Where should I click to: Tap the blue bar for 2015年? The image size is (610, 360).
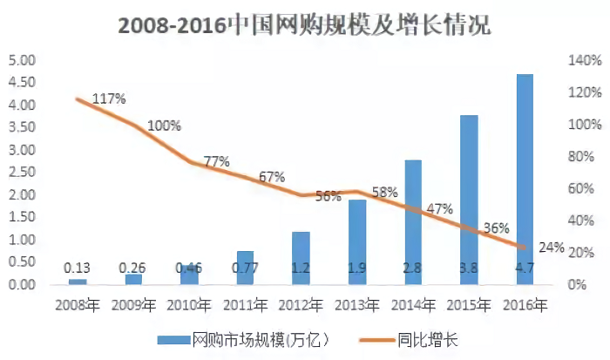coord(469,200)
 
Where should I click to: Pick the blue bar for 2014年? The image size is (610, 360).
coord(413,222)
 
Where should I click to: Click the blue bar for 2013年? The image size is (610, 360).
coord(357,242)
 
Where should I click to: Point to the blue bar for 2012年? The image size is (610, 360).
coord(301,258)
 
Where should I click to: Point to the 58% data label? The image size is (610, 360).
coord(384,191)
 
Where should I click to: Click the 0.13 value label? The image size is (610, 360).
coord(78,268)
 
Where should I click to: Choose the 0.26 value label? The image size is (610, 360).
coord(133,268)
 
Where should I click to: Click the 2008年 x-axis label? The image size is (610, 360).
coord(78,305)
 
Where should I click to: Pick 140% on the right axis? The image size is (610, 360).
coord(584,61)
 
